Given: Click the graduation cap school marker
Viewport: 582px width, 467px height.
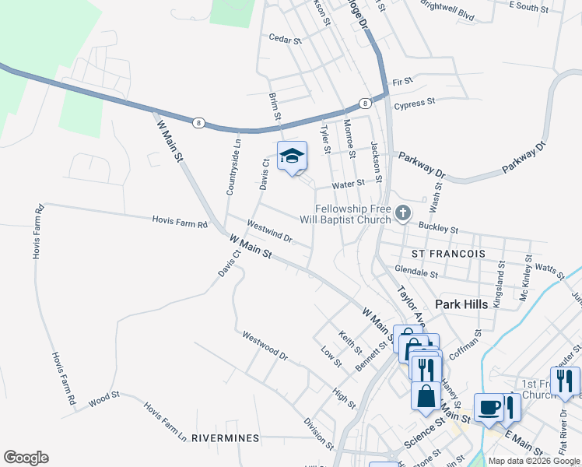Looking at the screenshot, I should [x=293, y=156].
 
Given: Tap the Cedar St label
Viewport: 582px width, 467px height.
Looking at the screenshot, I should [x=284, y=37].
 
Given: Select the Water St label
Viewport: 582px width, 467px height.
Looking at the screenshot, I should [x=348, y=184].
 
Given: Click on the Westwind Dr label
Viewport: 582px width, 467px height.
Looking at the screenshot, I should [x=268, y=231].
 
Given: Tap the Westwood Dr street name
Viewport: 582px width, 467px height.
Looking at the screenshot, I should [x=265, y=346].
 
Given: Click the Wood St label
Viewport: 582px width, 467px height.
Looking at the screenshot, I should [x=103, y=400].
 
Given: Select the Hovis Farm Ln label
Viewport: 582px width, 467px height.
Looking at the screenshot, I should [x=165, y=420].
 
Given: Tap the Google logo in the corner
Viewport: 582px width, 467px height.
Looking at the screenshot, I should [x=26, y=458].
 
